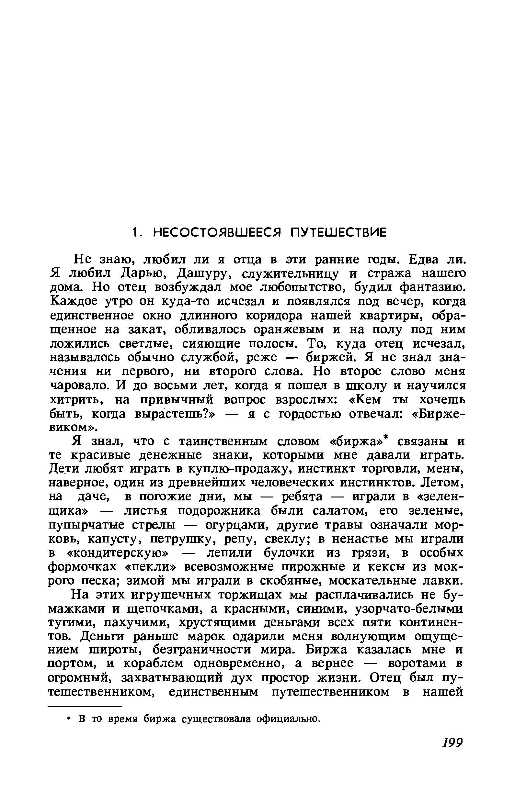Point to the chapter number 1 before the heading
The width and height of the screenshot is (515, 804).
[x=135, y=232]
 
